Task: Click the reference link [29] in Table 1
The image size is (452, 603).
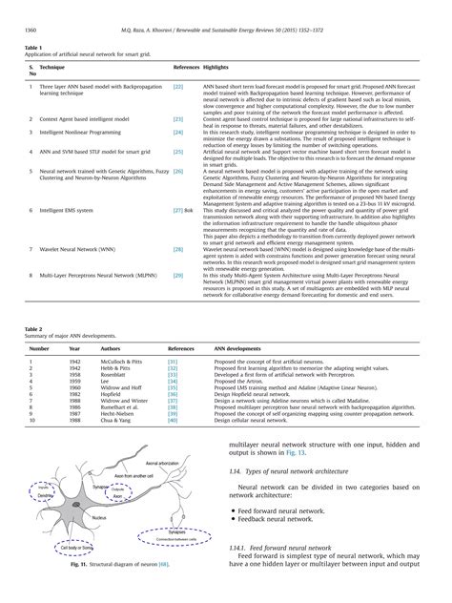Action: pyautogui.click(x=178, y=275)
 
